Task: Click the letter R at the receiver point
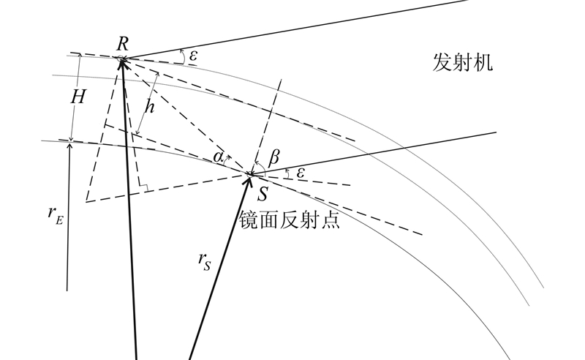point(123,43)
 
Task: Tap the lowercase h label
point(149,108)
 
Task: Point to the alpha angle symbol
point(219,157)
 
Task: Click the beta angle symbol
point(275,157)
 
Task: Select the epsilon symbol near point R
point(192,56)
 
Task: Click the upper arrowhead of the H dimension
point(72,59)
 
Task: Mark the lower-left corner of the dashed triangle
point(86,200)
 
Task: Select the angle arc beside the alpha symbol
point(228,157)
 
